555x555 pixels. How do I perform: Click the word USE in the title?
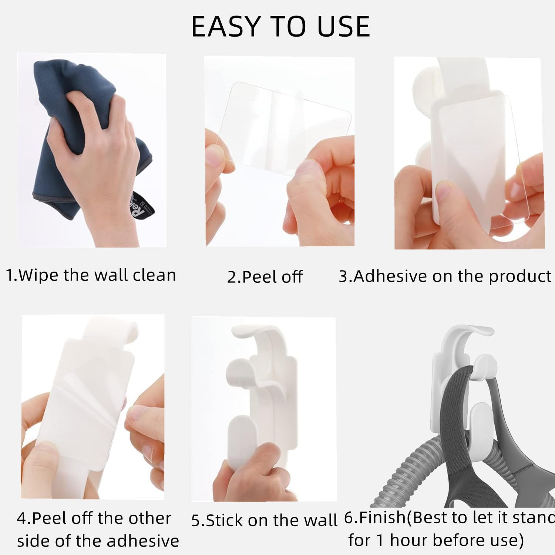click(343, 27)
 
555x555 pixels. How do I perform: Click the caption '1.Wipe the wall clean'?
click(91, 275)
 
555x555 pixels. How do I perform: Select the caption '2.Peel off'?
click(265, 277)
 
